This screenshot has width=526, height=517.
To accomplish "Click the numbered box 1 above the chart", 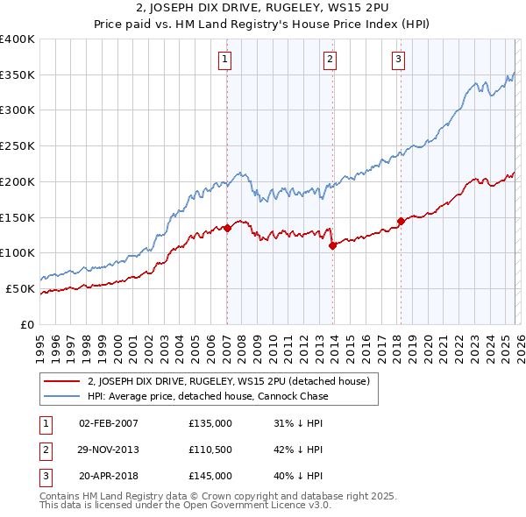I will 225,60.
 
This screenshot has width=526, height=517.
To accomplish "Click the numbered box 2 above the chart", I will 330,60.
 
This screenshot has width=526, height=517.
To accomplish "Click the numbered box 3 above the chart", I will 398,60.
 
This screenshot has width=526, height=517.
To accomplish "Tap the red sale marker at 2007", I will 227,228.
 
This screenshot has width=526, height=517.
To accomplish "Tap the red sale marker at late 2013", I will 333,246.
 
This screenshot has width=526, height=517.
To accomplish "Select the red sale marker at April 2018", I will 401,221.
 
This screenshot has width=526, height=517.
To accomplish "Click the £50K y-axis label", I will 20,288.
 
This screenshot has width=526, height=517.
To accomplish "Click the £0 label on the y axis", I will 28,324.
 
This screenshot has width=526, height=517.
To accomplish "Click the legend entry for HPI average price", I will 207,396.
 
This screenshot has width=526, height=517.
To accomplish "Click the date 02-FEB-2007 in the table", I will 108,423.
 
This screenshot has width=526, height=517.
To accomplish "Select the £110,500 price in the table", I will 210,450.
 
